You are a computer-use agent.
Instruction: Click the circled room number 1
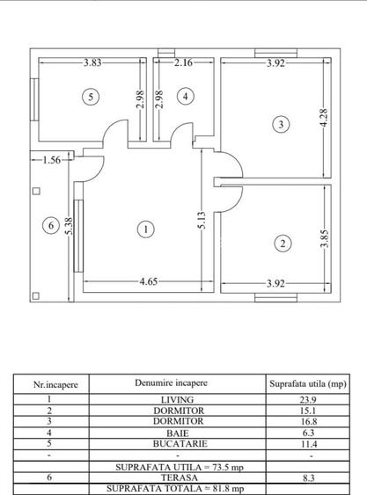coord(145,229)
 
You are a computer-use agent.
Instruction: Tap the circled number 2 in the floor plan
coord(282,244)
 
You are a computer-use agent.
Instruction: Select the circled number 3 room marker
coord(280,124)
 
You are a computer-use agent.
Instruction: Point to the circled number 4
coord(184,97)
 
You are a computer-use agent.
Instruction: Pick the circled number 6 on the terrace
coord(49,226)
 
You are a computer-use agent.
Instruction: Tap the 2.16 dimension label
coord(184,62)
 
